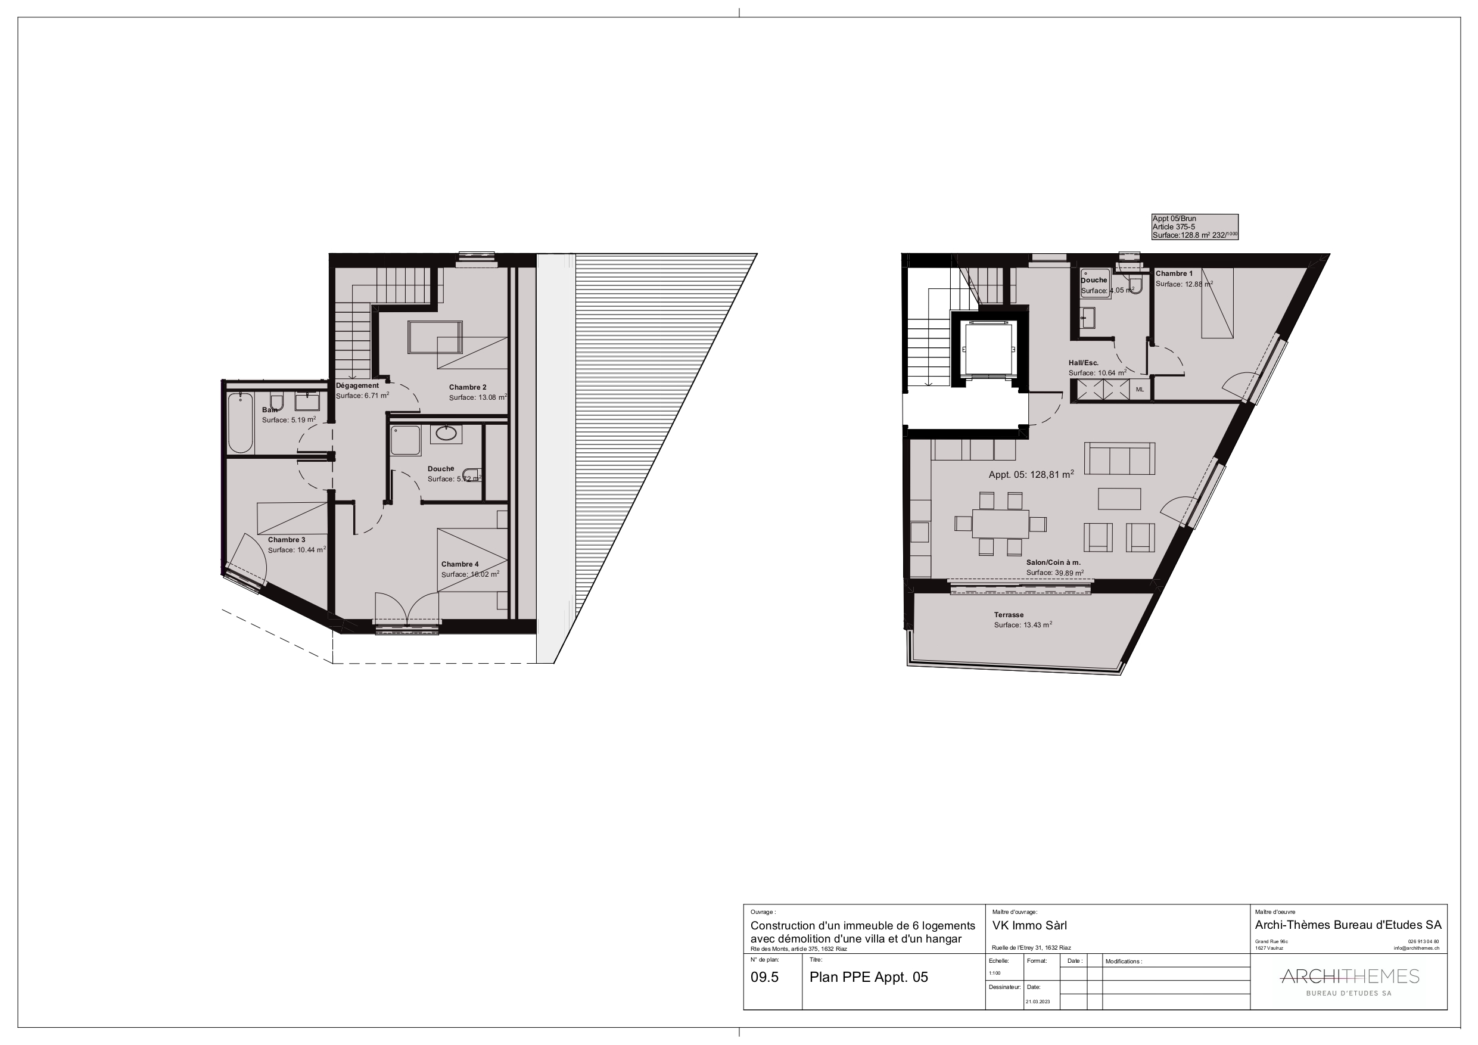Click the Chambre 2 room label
click(x=467, y=387)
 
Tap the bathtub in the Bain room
click(x=241, y=422)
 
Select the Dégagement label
click(x=357, y=385)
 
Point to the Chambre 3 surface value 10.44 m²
click(x=297, y=550)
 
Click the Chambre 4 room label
click(x=460, y=564)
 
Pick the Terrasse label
click(x=1008, y=615)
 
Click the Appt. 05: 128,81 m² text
click(x=1031, y=474)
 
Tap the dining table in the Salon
click(x=1000, y=524)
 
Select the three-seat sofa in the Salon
click(x=1119, y=458)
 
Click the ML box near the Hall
click(x=1140, y=390)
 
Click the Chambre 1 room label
click(x=1174, y=273)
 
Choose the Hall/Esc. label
click(x=1084, y=362)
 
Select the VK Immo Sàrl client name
click(x=1029, y=925)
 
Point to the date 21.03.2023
click(x=1038, y=1002)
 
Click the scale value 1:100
click(x=994, y=973)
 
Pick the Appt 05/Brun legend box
click(x=1194, y=227)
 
